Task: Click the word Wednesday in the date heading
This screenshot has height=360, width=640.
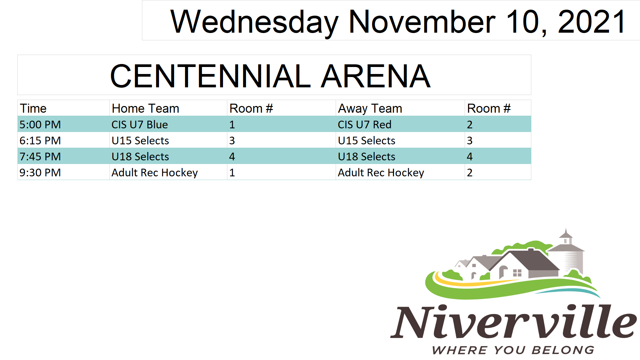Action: (x=254, y=22)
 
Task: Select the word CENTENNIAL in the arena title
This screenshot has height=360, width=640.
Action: (x=210, y=76)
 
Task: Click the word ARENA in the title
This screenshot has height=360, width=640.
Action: (x=376, y=76)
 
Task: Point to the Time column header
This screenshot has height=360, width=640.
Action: (x=33, y=108)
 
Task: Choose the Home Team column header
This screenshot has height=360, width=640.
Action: (x=145, y=108)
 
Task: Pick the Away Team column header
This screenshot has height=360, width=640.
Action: (x=370, y=109)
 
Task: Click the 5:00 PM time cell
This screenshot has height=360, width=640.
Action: (x=40, y=124)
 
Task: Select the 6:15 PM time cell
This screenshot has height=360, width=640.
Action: (x=40, y=140)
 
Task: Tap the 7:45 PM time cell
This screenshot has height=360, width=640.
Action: (x=40, y=156)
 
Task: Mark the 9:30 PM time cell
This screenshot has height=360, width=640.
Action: (x=40, y=172)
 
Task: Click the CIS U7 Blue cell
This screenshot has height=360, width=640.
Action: (x=140, y=124)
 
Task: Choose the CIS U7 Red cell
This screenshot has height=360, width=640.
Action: (x=365, y=124)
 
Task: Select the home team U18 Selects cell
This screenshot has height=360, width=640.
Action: (x=140, y=156)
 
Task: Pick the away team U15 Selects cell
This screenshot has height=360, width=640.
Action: (x=367, y=140)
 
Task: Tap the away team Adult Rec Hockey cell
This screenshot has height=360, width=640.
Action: (x=381, y=173)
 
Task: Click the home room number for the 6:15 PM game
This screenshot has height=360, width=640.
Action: (x=232, y=140)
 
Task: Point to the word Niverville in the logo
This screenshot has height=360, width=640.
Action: (x=514, y=321)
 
